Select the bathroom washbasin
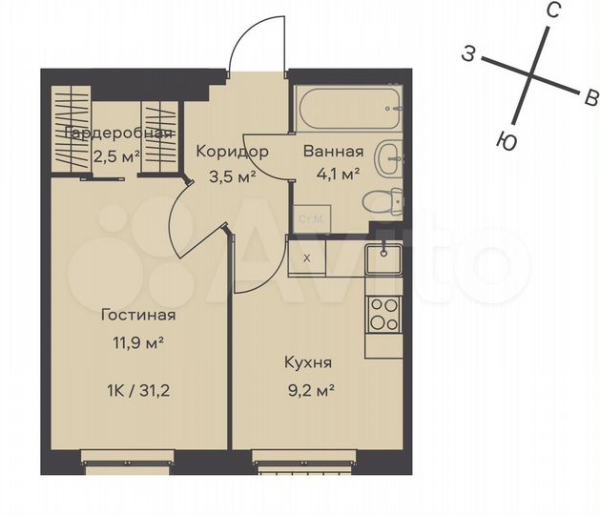click(x=389, y=158)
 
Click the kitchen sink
click(x=383, y=257)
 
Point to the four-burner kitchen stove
click(x=384, y=313)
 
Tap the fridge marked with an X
click(x=306, y=257)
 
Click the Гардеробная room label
click(x=119, y=134)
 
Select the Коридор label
click(x=232, y=152)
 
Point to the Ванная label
click(x=333, y=152)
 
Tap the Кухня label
click(x=308, y=362)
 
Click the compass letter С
click(x=552, y=10)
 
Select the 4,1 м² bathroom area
click(x=332, y=175)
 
